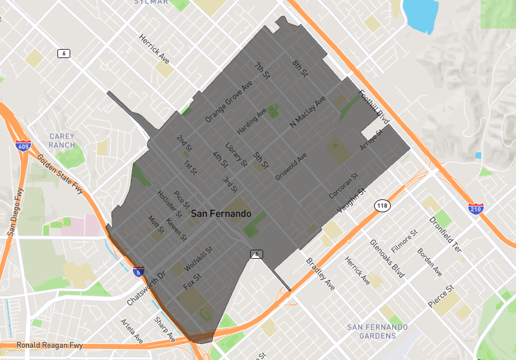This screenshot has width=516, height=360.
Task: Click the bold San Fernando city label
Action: (x=221, y=213)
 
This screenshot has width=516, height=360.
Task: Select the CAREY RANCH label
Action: (x=62, y=141)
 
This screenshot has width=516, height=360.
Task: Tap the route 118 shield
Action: (x=381, y=205)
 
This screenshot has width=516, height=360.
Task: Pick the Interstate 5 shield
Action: (x=139, y=272)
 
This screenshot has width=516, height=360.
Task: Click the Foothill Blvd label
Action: (x=374, y=106)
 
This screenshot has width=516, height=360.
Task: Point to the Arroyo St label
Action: (x=372, y=140)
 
